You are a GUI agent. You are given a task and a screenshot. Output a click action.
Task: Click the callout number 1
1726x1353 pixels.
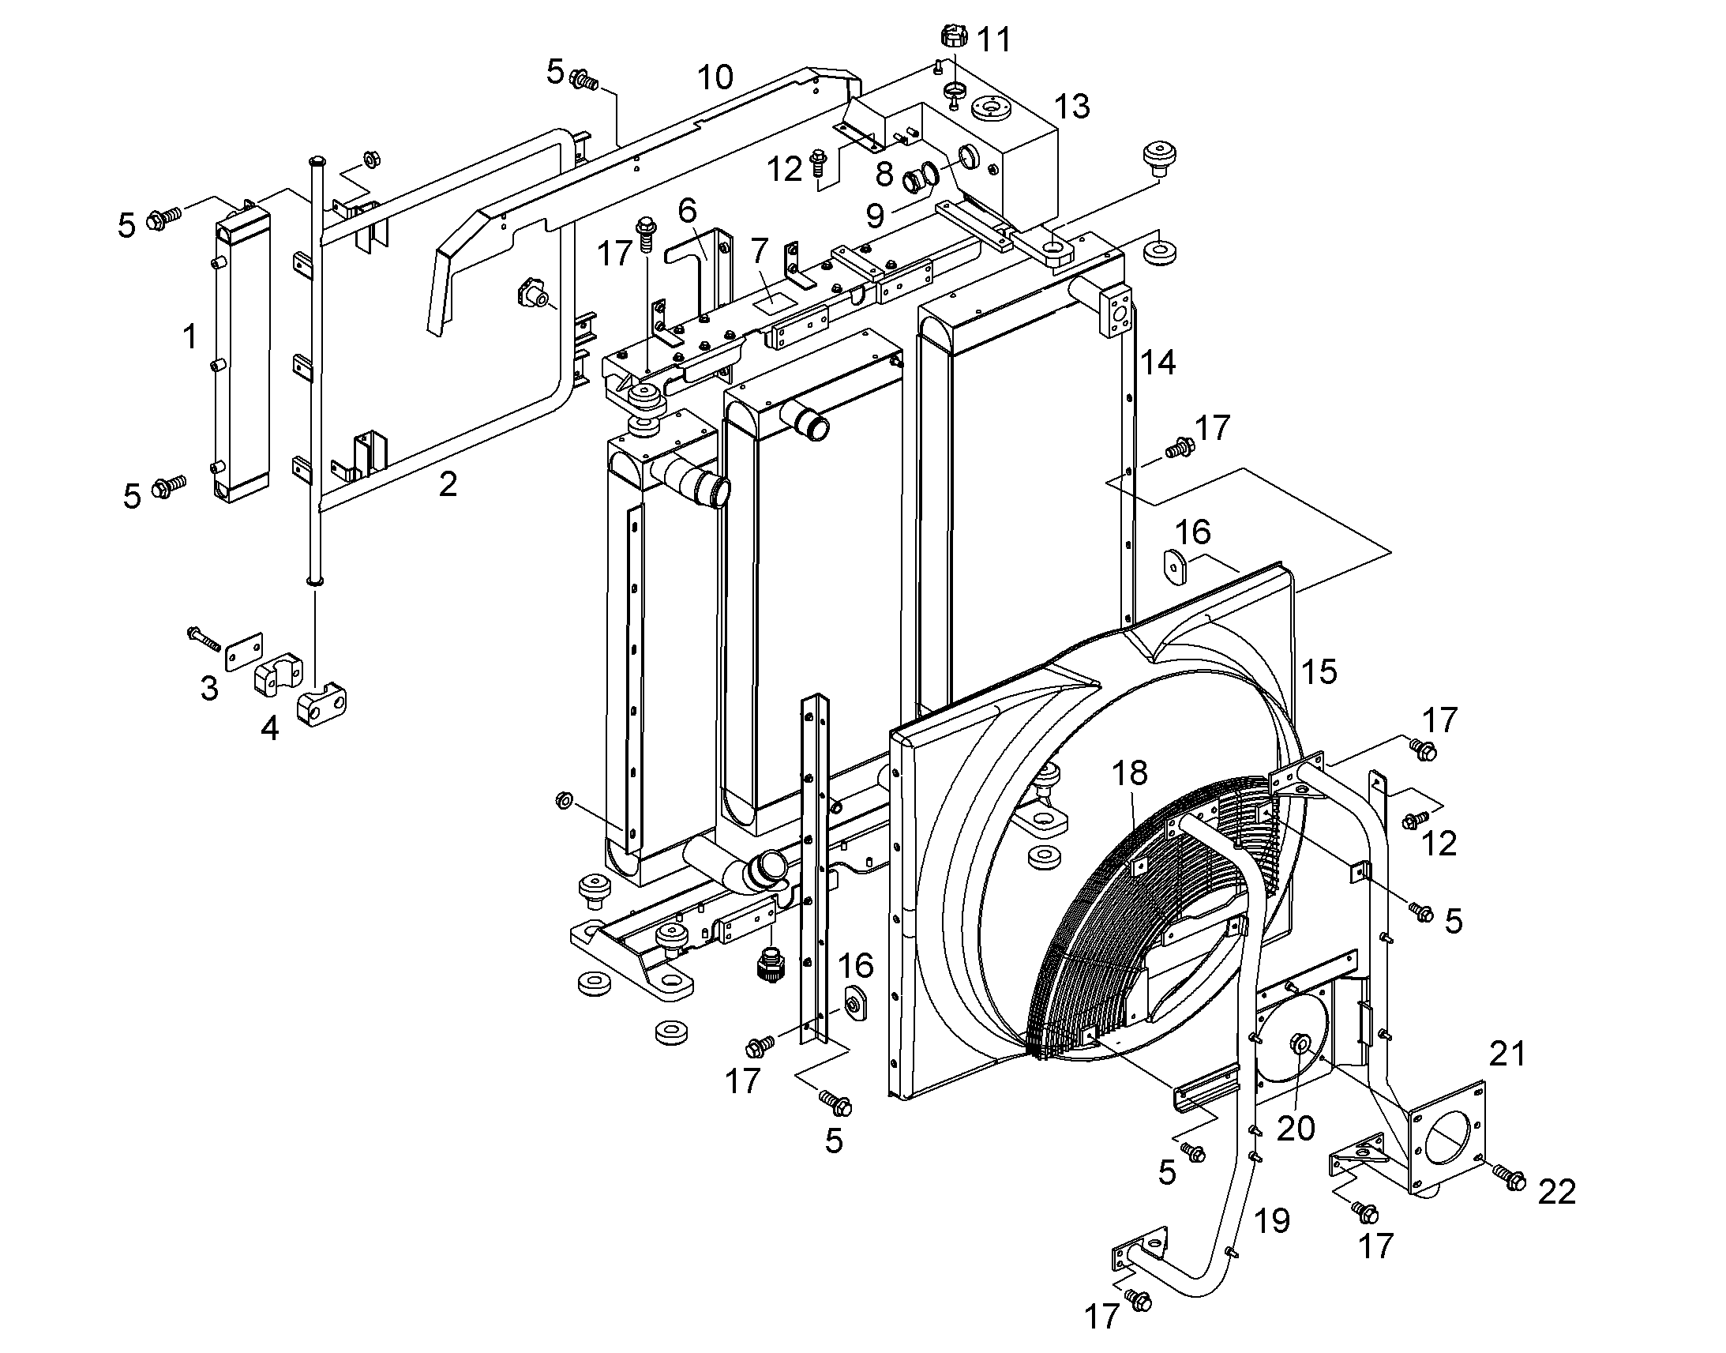tap(189, 337)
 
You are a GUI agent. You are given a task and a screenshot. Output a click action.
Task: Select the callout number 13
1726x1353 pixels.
tap(1072, 106)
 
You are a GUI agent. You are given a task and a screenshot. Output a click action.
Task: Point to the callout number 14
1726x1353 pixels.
tap(1158, 363)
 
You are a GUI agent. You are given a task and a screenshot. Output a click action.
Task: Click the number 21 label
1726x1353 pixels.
tap(1506, 1054)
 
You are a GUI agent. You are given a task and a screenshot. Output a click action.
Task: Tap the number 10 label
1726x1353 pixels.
tap(715, 77)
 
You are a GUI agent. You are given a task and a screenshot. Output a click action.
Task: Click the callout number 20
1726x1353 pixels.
tap(1296, 1128)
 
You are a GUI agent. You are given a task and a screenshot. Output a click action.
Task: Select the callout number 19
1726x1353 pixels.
tap(1272, 1221)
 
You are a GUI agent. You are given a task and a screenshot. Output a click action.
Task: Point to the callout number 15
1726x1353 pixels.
tap(1319, 671)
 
